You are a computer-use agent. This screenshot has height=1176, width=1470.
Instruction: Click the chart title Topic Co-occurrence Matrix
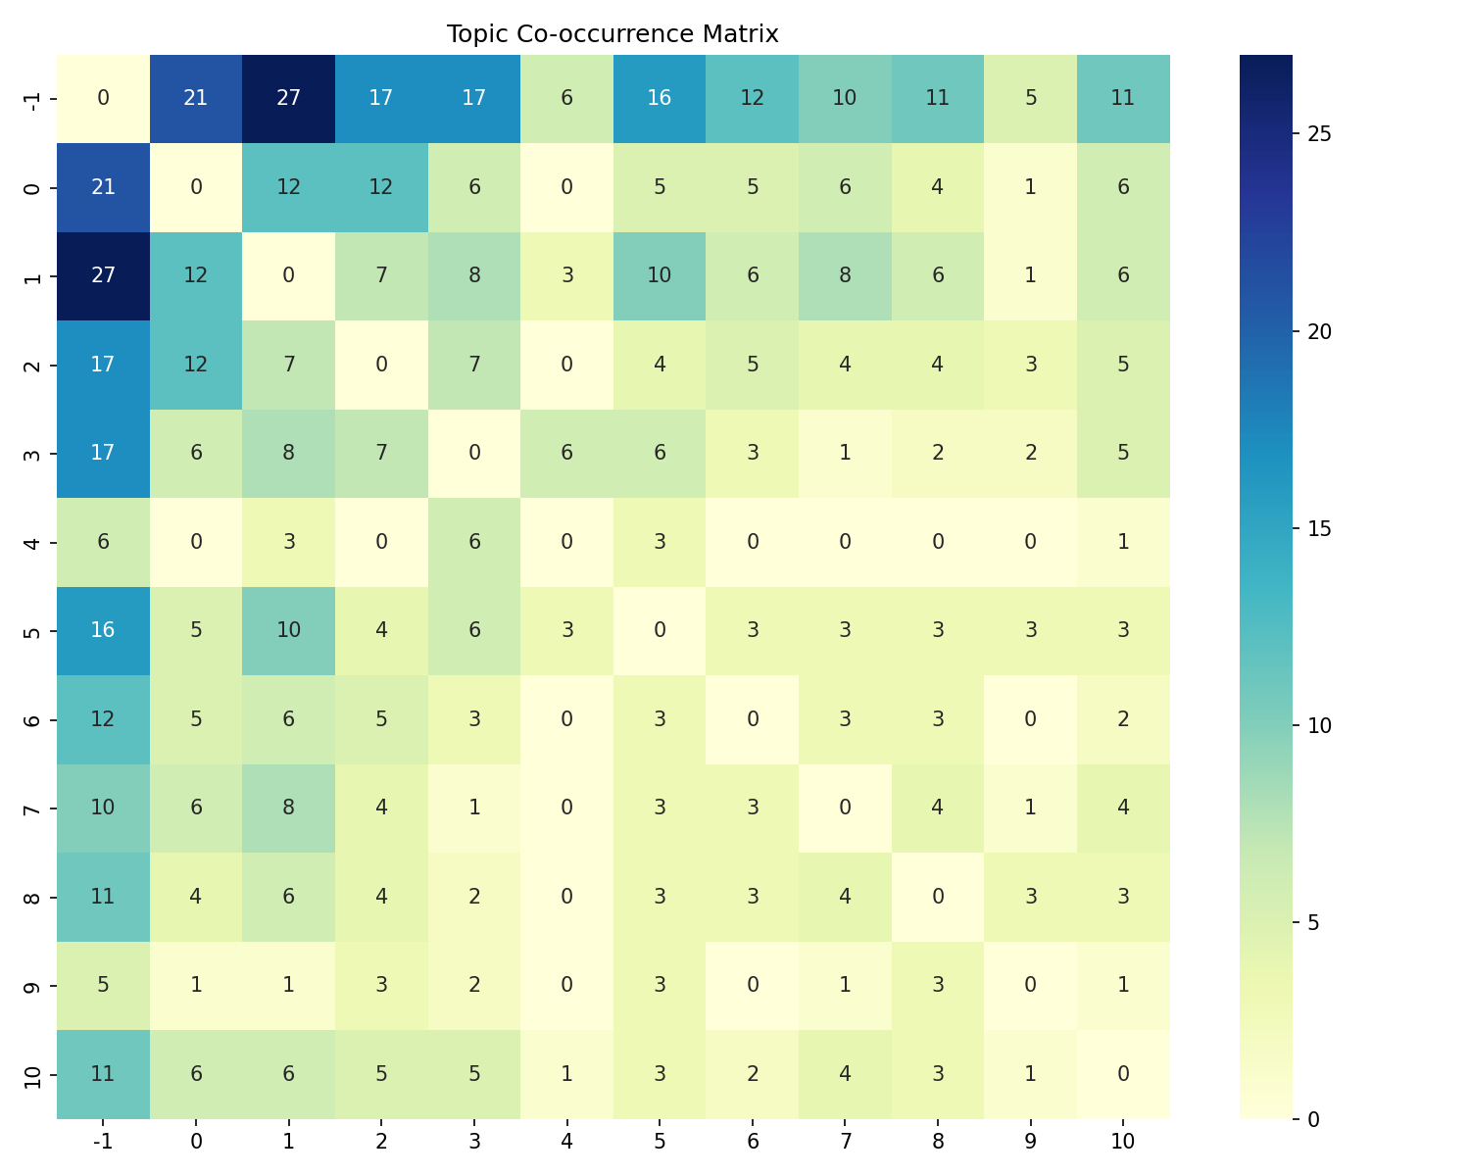point(612,34)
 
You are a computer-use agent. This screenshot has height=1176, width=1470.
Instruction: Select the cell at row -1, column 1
point(288,99)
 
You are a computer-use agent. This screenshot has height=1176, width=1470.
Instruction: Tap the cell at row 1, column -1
point(103,276)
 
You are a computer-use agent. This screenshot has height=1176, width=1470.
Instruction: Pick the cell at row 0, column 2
point(381,187)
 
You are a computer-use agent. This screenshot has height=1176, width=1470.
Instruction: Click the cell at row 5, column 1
point(288,630)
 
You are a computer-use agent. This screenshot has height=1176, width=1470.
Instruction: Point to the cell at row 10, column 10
point(1123,1073)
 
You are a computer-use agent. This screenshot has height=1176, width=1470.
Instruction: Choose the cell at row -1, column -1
point(103,99)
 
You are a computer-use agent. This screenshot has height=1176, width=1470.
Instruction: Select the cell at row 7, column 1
point(288,808)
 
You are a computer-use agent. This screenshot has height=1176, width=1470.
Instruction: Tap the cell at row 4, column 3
point(474,542)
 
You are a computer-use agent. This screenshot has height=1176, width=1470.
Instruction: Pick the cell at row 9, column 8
point(938,985)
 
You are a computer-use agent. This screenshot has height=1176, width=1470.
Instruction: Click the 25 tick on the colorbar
point(1318,134)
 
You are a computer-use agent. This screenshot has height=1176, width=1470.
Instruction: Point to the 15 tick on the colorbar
point(1318,528)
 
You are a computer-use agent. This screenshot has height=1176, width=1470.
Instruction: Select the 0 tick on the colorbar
point(1313,1118)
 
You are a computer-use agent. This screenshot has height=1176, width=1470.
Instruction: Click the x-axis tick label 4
point(566,1141)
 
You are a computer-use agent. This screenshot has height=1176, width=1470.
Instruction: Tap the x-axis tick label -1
point(103,1141)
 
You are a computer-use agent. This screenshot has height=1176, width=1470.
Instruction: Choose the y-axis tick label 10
point(32,1074)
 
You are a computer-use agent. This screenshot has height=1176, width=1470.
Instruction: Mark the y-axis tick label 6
point(32,719)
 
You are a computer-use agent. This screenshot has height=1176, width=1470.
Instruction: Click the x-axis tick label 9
point(1030,1141)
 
